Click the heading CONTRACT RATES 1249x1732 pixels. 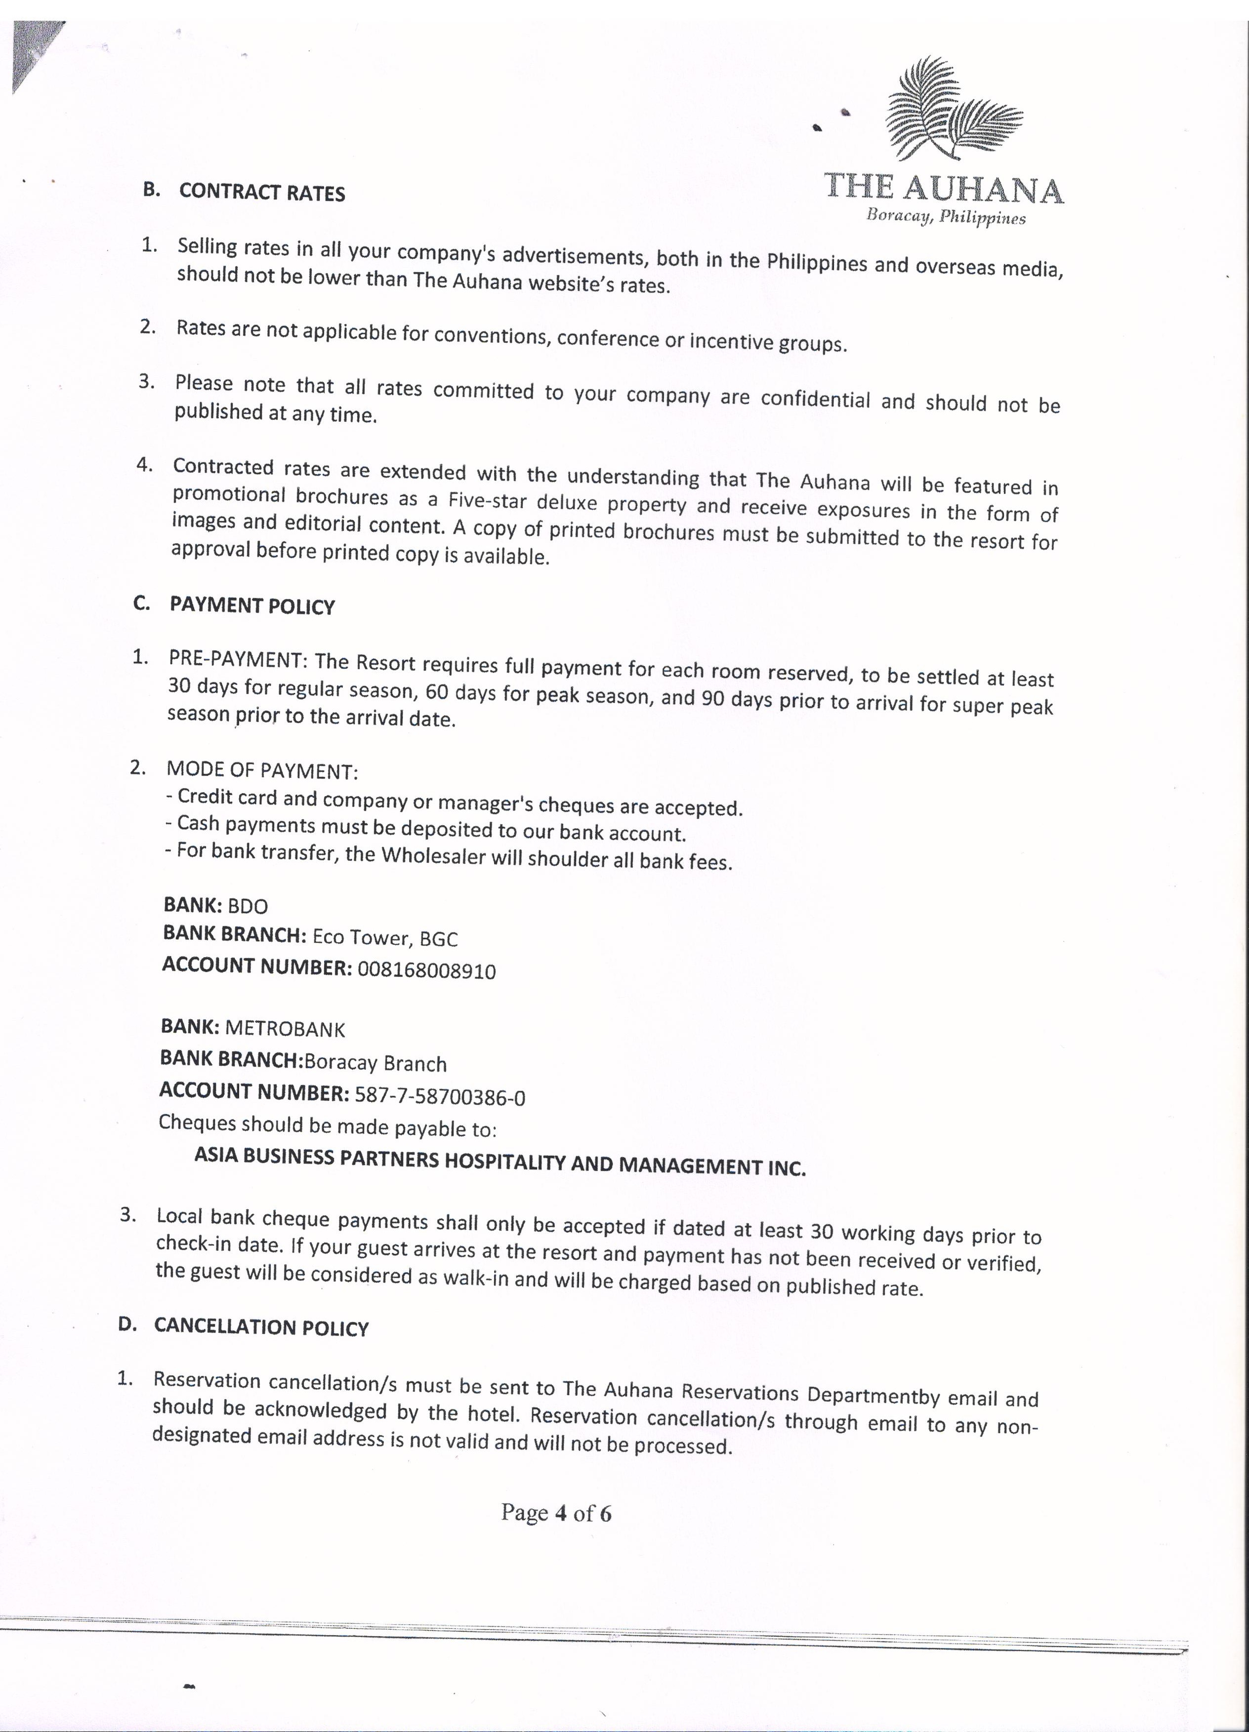[x=262, y=193]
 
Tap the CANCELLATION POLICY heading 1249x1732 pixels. [x=261, y=1327]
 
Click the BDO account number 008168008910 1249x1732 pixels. [x=426, y=970]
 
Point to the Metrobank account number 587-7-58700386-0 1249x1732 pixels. [x=440, y=1096]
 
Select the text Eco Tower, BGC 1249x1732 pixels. [x=385, y=938]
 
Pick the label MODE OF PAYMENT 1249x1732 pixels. [x=262, y=770]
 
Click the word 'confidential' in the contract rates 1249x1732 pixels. [x=804, y=400]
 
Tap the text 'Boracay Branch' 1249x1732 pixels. [x=375, y=1063]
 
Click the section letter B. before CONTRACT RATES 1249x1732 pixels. [x=151, y=189]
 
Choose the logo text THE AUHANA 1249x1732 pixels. [x=944, y=187]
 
